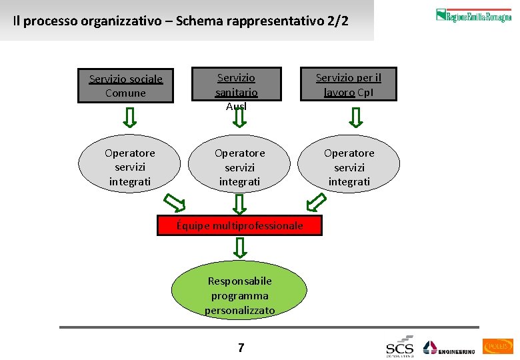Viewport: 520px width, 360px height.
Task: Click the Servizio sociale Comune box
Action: (125, 86)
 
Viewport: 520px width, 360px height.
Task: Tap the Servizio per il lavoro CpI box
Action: (348, 85)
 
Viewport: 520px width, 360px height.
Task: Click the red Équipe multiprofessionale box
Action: (239, 225)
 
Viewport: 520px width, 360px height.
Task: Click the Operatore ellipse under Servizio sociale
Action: (129, 167)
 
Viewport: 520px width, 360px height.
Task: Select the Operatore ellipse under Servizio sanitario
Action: (239, 167)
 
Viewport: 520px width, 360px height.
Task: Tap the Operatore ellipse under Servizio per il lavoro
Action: (349, 167)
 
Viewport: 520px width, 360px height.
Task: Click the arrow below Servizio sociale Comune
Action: (131, 117)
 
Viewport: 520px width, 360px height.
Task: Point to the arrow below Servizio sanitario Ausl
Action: (240, 119)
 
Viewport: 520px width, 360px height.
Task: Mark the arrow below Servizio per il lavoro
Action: (356, 117)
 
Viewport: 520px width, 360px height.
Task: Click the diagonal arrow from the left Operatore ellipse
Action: (175, 201)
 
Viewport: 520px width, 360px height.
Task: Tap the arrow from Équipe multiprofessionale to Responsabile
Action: (240, 248)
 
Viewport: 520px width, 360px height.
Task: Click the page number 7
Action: (241, 347)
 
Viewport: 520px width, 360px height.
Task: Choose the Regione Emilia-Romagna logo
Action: (473, 15)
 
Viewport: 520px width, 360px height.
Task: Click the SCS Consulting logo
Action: (400, 347)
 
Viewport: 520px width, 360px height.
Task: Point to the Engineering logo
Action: (449, 348)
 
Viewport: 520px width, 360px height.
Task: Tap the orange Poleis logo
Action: (498, 346)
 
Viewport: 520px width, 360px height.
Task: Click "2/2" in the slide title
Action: (337, 21)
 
